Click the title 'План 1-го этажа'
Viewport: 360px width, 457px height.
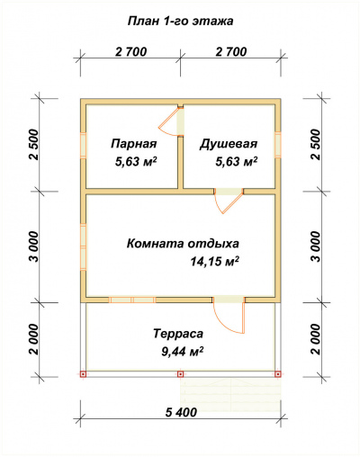pos(180,18)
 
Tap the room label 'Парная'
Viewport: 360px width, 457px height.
pos(134,144)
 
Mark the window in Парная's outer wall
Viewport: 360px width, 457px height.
pos(83,145)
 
